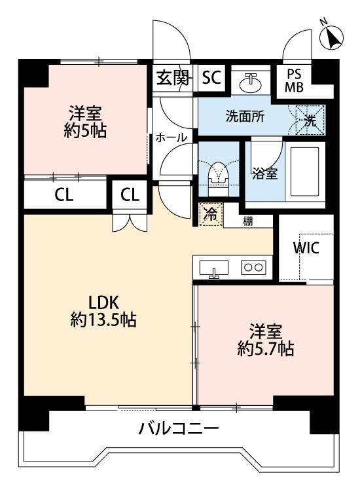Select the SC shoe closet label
point(211,79)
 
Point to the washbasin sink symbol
point(250,82)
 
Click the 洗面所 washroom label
point(245,117)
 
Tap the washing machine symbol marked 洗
point(310,120)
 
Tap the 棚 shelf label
point(249,221)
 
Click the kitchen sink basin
point(213,268)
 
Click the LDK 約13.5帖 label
point(103,311)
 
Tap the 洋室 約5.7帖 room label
point(264,340)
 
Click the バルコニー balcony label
point(178,429)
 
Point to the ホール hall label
point(171,137)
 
